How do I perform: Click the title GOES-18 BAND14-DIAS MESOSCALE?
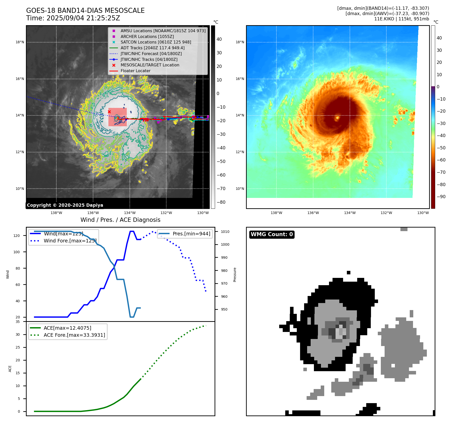tap(85, 11)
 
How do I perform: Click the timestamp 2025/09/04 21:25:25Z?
tap(83, 18)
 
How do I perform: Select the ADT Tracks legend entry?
tap(152, 48)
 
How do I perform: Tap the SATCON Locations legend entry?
tap(156, 42)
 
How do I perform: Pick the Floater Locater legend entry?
tap(135, 71)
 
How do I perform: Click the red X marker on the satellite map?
tap(109, 112)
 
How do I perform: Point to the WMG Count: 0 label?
tap(272, 234)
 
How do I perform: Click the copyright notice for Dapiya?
tap(65, 205)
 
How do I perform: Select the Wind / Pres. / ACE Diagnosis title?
tap(120, 220)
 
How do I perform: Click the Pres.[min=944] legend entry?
tap(191, 234)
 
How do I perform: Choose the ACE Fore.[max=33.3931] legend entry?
tap(74, 335)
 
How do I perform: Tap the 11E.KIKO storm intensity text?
tap(401, 19)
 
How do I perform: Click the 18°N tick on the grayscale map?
tap(20, 42)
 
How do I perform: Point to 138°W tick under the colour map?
tap(276, 213)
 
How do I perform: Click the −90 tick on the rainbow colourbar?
tap(441, 197)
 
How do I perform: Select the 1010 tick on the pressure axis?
tap(225, 232)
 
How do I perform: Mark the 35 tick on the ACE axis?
tap(18, 322)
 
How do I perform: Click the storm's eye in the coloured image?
tap(337, 117)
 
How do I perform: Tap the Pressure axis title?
tap(235, 275)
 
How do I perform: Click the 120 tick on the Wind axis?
tap(16, 236)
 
